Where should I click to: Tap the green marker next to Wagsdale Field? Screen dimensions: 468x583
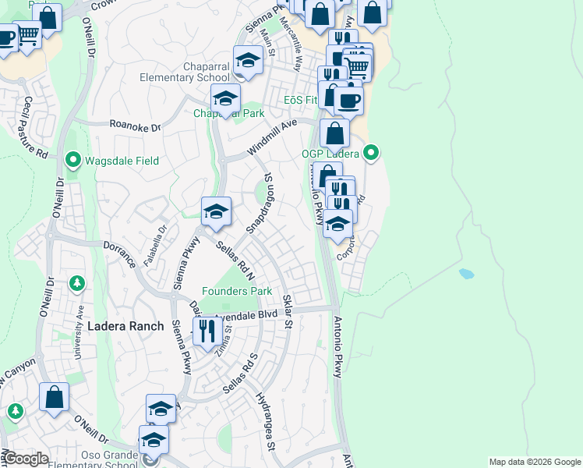point(74,161)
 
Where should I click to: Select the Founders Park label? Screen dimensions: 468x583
point(237,292)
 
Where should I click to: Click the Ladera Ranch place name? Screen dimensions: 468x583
point(125,326)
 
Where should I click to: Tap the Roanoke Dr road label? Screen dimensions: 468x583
point(135,126)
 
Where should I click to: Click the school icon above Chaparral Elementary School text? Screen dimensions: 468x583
point(248,60)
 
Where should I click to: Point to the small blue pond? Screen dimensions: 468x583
point(467,274)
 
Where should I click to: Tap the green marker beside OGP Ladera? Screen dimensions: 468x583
point(373,152)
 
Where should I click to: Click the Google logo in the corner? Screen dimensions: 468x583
point(26,459)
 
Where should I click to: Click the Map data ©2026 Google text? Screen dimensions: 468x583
point(535,462)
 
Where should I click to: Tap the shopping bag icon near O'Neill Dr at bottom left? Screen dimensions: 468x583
point(55,397)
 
